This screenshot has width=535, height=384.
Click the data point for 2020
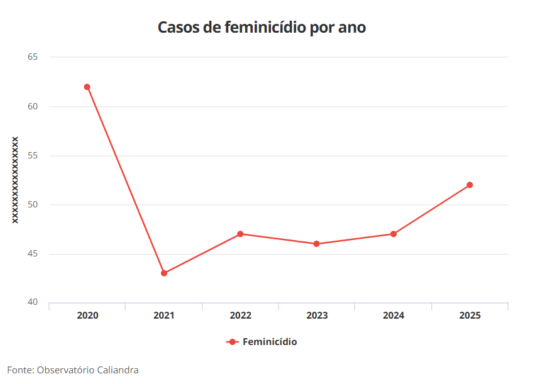click(87, 87)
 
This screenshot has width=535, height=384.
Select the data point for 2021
click(164, 273)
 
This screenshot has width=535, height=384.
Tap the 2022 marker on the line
click(241, 234)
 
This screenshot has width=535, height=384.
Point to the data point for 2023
click(317, 244)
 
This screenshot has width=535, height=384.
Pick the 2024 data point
click(394, 234)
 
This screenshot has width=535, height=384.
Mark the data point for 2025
click(470, 185)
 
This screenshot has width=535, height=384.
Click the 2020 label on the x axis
click(87, 315)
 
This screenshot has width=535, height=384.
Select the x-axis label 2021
click(164, 315)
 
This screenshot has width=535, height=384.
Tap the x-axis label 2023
click(317, 315)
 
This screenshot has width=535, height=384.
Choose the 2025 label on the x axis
click(470, 315)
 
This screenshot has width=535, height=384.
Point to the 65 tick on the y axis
click(33, 57)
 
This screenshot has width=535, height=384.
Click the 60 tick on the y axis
click(33, 106)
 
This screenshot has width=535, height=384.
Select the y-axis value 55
click(33, 155)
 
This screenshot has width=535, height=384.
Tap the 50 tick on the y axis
click(33, 204)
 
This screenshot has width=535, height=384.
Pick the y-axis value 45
click(33, 254)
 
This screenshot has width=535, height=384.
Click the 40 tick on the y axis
click(33, 302)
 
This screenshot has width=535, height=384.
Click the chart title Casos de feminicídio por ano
click(262, 28)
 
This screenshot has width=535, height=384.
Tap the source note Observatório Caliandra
click(73, 370)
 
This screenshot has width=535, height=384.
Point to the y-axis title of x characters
click(14, 180)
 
